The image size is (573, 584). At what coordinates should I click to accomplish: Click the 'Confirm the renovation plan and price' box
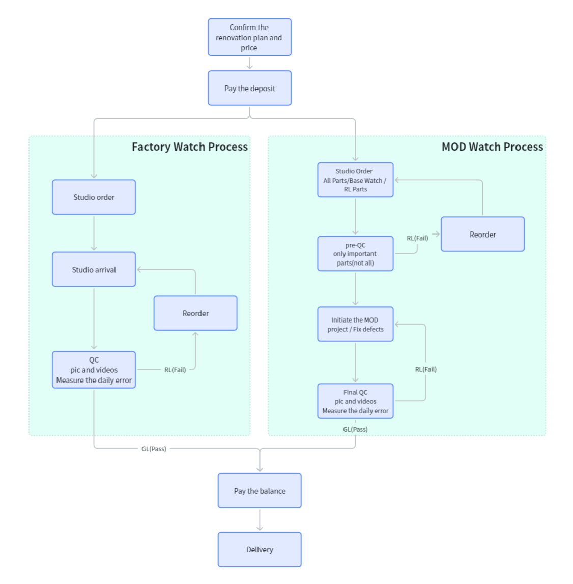(249, 37)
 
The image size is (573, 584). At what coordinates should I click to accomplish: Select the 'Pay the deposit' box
(249, 88)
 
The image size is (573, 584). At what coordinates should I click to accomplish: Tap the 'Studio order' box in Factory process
(94, 197)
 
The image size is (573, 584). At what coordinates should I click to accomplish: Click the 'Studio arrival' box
(94, 269)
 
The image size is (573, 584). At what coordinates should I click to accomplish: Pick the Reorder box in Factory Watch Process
(195, 313)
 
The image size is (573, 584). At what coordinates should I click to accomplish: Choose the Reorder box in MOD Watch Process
(482, 234)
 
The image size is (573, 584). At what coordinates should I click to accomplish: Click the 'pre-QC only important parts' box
(355, 253)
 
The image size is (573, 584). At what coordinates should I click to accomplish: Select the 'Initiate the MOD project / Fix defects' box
(355, 324)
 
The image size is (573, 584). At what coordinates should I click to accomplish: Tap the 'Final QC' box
(355, 401)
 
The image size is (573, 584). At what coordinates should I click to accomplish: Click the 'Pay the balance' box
(260, 490)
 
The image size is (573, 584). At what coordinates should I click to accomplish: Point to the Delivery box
(260, 549)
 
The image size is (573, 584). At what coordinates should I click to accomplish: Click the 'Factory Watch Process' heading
(190, 147)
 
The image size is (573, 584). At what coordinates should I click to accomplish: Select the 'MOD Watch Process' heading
(492, 147)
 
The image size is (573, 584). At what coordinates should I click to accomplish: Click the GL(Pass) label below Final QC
(355, 429)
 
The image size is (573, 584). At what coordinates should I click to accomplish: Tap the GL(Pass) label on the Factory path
(154, 449)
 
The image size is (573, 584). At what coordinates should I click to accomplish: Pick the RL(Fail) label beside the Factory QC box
(175, 370)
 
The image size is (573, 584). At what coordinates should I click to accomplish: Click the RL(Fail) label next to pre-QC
(417, 238)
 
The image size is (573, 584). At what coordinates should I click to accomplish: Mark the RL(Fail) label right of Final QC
(426, 369)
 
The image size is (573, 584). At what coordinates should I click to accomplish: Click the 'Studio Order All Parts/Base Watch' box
(355, 180)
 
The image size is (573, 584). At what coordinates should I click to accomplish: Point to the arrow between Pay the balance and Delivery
(260, 520)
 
